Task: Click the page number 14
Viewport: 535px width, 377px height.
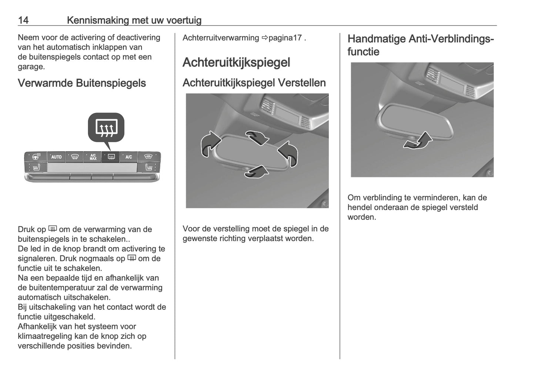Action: tap(23, 20)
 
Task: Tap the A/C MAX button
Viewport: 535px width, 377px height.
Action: tap(93, 157)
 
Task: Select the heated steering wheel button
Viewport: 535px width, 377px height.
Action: tap(36, 157)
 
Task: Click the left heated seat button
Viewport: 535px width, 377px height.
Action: tap(36, 168)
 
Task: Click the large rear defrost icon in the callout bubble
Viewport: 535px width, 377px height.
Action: tap(106, 128)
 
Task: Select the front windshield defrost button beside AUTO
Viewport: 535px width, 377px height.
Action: tap(74, 157)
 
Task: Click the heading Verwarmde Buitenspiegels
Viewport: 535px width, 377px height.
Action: tap(82, 83)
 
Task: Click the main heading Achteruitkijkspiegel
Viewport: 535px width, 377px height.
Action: tap(236, 62)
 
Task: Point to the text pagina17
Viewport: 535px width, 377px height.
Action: tap(285, 38)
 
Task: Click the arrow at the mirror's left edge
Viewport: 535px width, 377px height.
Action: tap(209, 143)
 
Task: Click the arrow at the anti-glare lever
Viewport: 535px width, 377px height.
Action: tap(418, 141)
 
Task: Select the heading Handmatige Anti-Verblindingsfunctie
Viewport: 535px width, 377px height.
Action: tap(420, 45)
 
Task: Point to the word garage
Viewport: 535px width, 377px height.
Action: tap(31, 67)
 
